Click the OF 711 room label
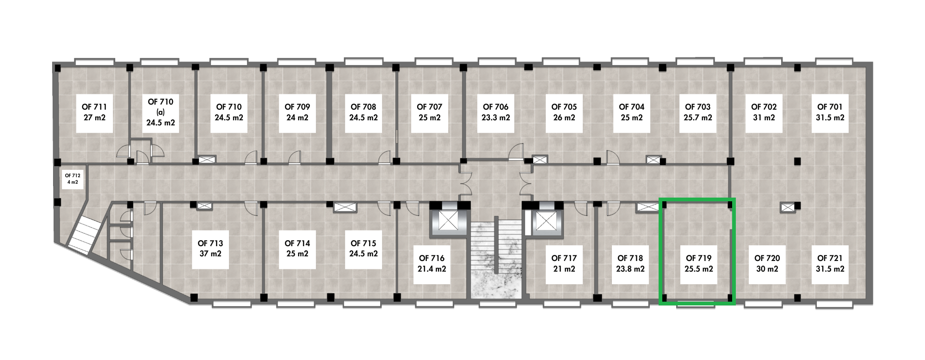(x=94, y=112)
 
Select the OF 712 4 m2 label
(x=73, y=178)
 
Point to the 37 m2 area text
(x=210, y=254)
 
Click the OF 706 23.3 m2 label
(x=495, y=112)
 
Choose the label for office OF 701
(x=830, y=112)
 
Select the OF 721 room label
(x=830, y=264)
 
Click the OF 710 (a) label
(x=160, y=112)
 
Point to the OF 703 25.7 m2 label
(x=697, y=112)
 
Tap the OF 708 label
(x=363, y=107)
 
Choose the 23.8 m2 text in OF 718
(x=629, y=269)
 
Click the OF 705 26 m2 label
(x=564, y=112)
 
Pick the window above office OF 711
(x=94, y=62)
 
